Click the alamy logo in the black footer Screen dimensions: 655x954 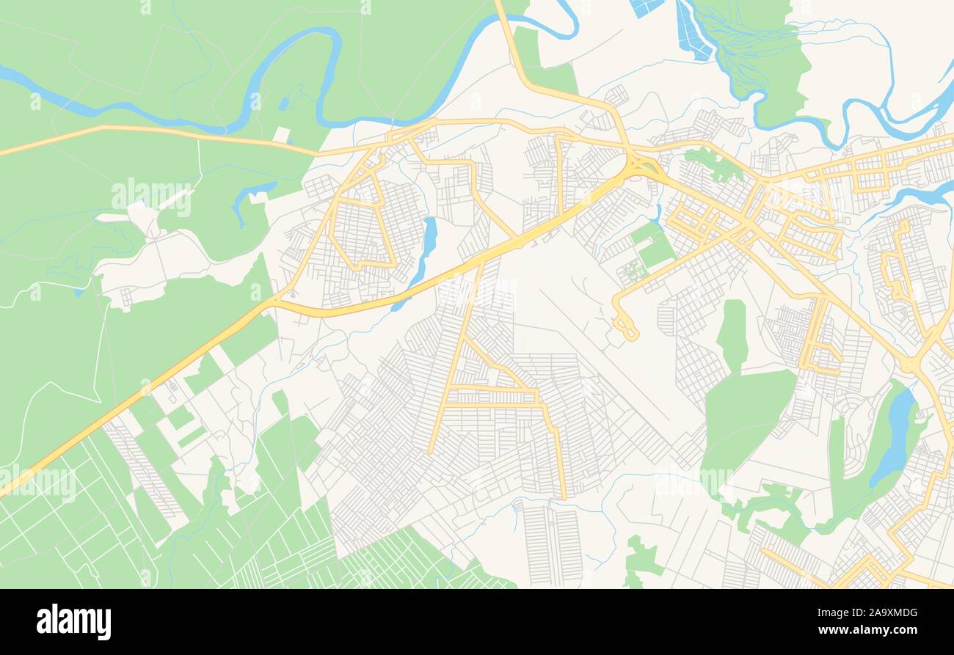(x=73, y=622)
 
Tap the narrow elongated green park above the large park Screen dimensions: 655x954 (x=732, y=334)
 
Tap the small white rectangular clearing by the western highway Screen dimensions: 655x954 (x=280, y=135)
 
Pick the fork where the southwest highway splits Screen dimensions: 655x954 (x=274, y=301)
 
